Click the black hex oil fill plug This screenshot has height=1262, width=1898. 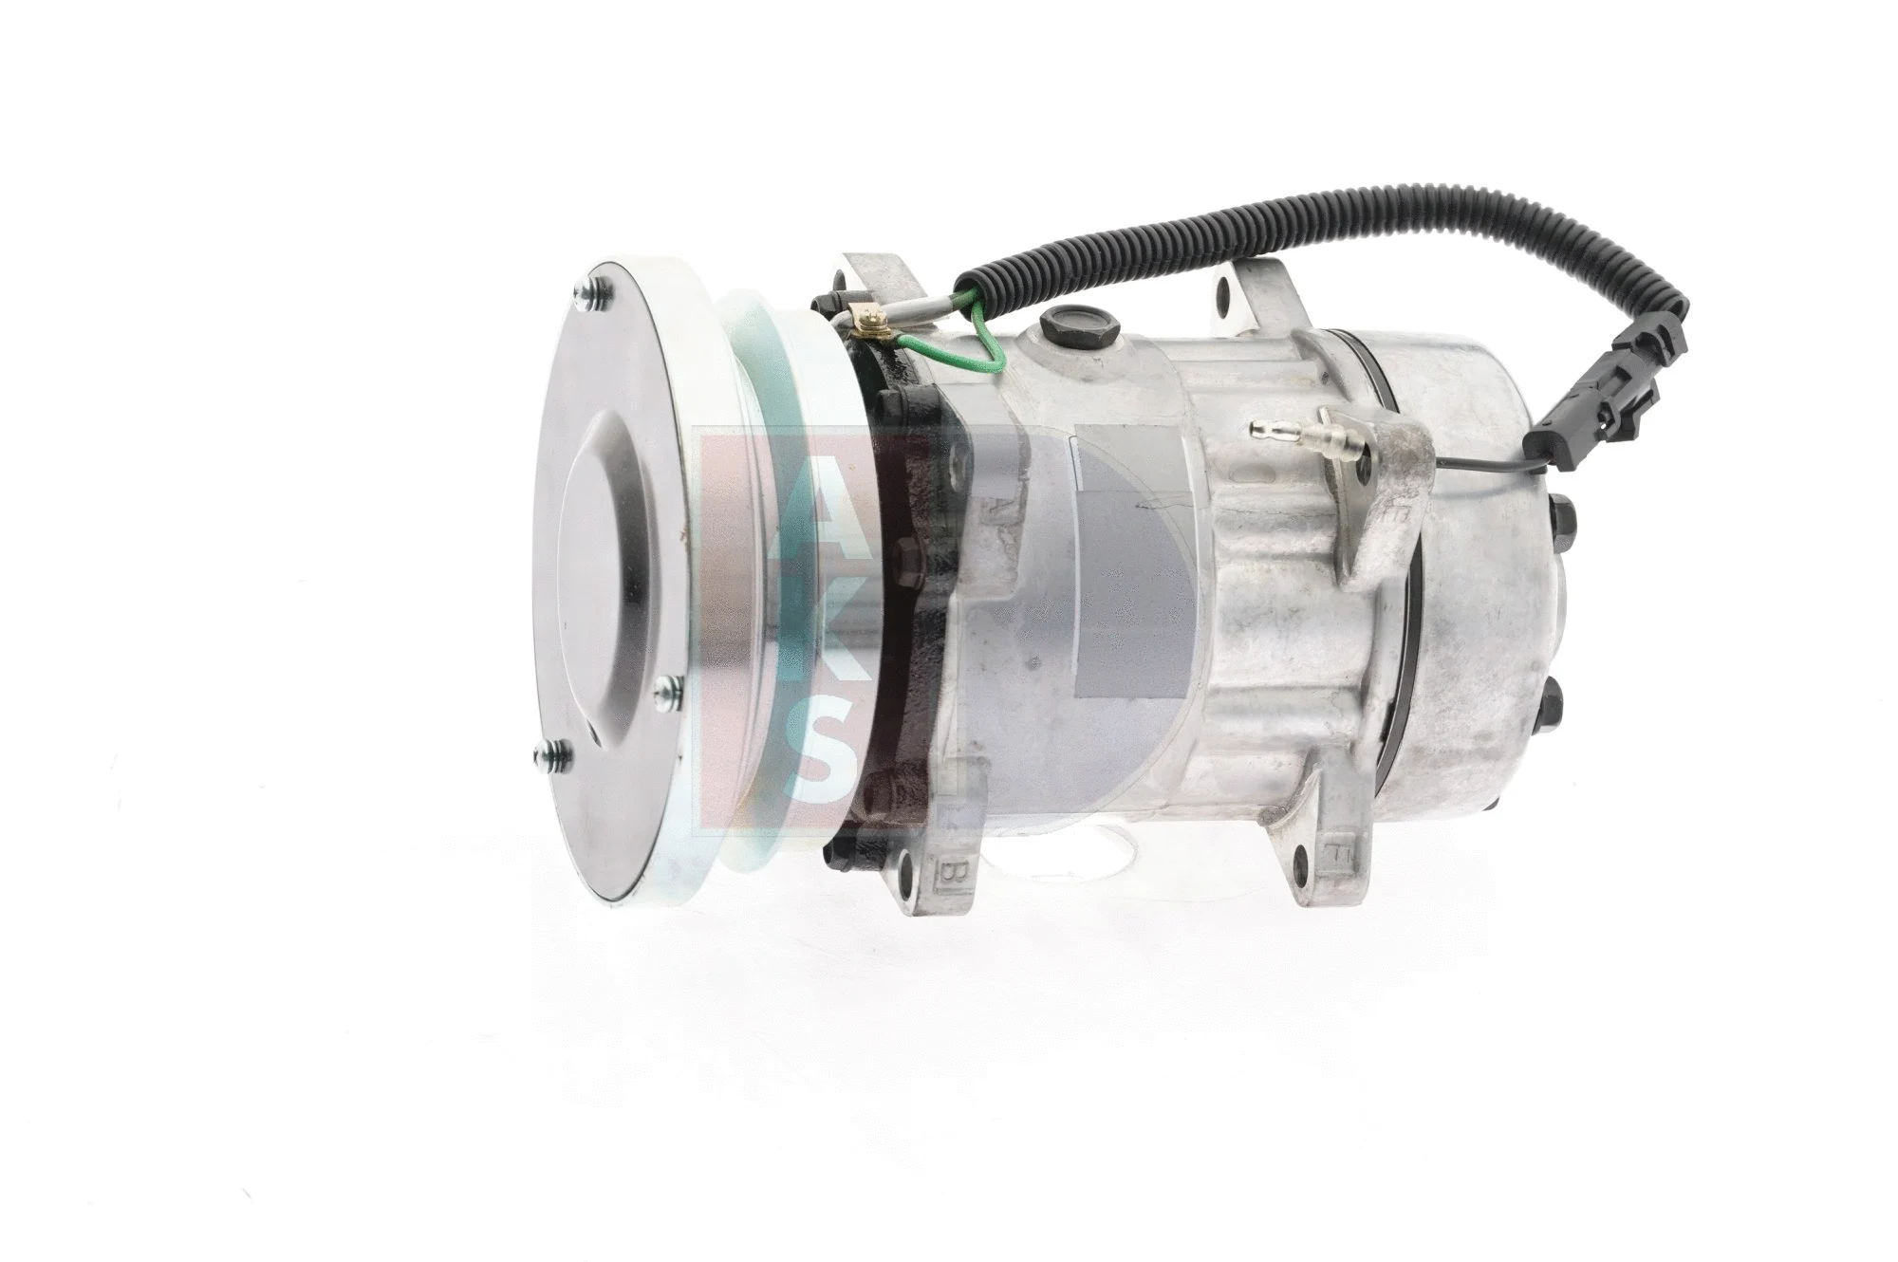tap(1061, 325)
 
